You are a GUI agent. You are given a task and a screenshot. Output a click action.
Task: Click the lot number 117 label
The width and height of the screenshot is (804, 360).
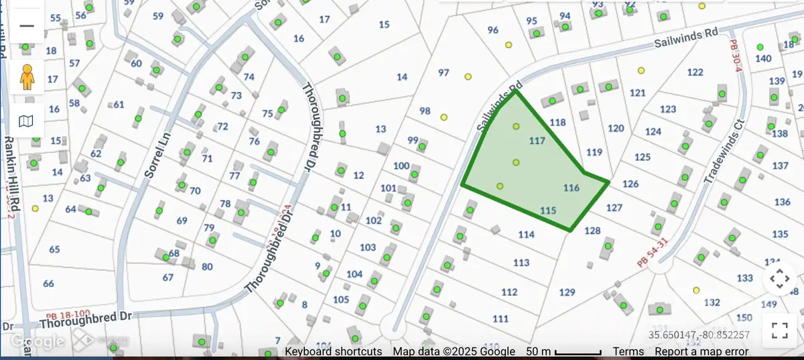pyautogui.click(x=537, y=141)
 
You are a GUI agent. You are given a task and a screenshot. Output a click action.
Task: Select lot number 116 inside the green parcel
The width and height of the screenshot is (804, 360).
pyautogui.click(x=571, y=188)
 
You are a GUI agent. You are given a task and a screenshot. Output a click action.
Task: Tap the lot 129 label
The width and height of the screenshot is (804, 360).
pyautogui.click(x=567, y=292)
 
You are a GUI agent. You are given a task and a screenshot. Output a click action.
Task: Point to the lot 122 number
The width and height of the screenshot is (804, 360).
pyautogui.click(x=695, y=72)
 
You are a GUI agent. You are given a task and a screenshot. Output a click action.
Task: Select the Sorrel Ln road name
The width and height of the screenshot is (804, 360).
pyautogui.click(x=158, y=154)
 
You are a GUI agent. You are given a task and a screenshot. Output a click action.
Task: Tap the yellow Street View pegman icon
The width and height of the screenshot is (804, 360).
pyautogui.click(x=27, y=76)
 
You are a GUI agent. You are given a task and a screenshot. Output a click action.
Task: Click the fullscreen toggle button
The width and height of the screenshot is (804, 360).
pyautogui.click(x=779, y=329)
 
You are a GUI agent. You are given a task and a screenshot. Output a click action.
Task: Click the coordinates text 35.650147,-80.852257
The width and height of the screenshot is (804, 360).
pyautogui.click(x=699, y=335)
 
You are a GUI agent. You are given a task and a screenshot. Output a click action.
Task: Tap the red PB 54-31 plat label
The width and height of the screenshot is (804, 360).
pyautogui.click(x=653, y=253)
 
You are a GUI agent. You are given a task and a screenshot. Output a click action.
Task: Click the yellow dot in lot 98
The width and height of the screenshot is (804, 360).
pyautogui.click(x=444, y=117)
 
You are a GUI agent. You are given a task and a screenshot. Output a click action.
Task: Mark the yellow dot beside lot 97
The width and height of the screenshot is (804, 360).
pyautogui.click(x=468, y=76)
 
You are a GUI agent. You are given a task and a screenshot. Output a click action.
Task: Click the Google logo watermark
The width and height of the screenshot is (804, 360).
pyautogui.click(x=37, y=341)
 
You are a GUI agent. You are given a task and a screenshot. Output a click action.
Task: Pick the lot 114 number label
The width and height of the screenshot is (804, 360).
pyautogui.click(x=527, y=235)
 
